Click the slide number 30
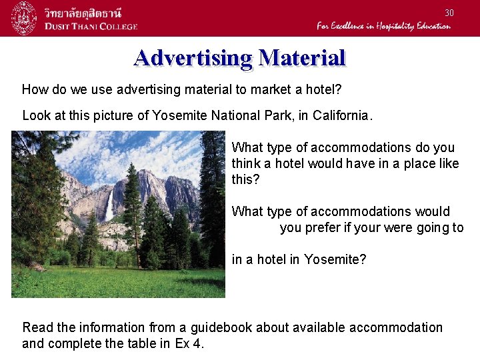point(449,13)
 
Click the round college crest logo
point(24,18)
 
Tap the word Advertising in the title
point(193,58)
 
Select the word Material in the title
point(302,58)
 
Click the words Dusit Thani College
point(91,27)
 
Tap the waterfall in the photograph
point(109,207)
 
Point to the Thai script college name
point(87,13)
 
